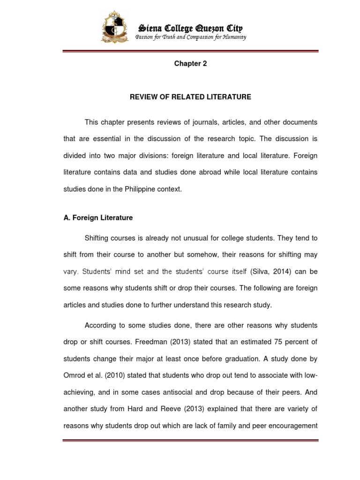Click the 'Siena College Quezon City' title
pyautogui.click(x=189, y=28)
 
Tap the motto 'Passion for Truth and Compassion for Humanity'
pyautogui.click(x=190, y=37)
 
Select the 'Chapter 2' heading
pyautogui.click(x=190, y=64)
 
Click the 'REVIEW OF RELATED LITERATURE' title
pyautogui.click(x=190, y=97)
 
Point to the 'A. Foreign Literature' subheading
pyautogui.click(x=98, y=217)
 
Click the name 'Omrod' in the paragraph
pyautogui.click(x=75, y=375)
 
